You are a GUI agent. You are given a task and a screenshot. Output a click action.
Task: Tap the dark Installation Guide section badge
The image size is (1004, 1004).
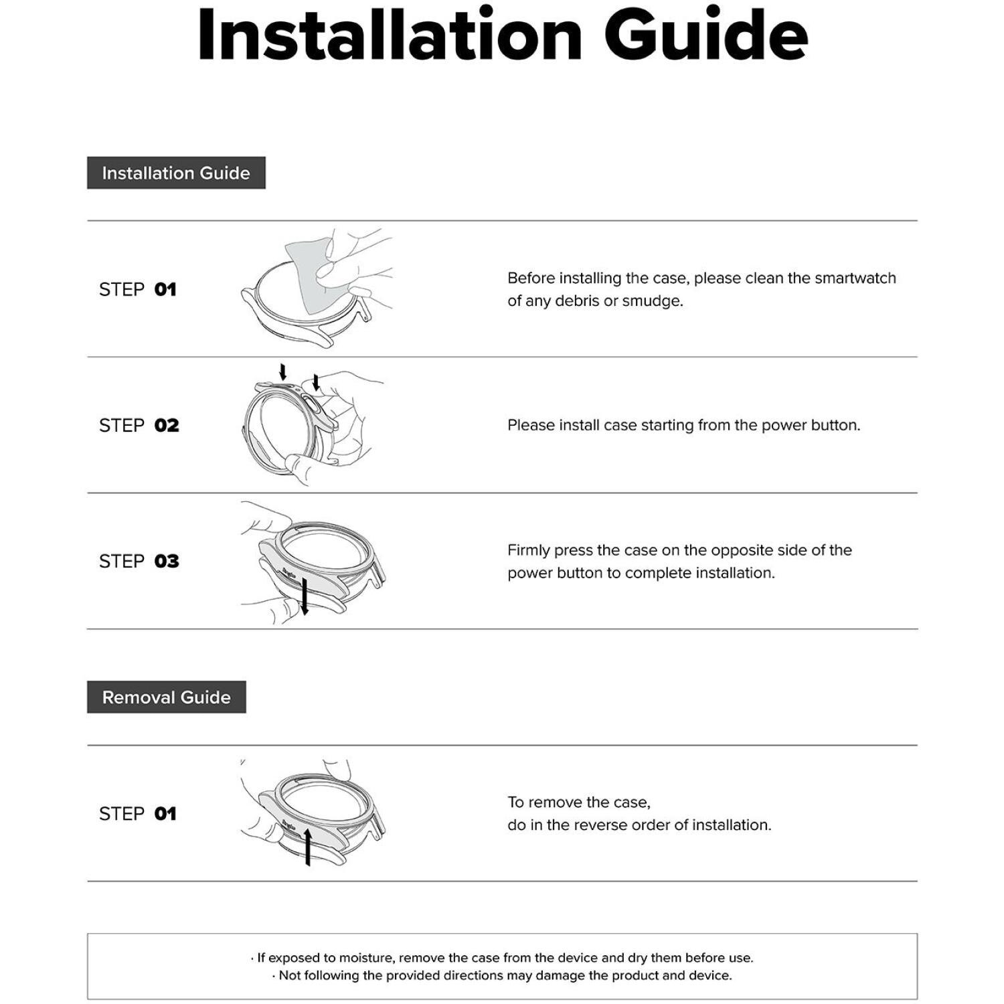(176, 173)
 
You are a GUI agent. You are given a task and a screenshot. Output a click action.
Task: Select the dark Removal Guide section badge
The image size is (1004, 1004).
(166, 697)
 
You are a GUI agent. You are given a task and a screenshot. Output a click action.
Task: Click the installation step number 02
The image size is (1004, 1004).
(167, 426)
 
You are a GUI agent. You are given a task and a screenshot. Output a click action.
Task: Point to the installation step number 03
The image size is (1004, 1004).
(167, 562)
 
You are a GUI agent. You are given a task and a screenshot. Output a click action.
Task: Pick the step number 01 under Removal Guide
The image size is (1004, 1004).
(165, 814)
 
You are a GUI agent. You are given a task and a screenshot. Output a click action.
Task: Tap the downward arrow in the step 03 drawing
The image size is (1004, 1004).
(305, 596)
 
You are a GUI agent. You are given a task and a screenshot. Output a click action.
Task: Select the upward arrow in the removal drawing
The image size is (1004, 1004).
(308, 846)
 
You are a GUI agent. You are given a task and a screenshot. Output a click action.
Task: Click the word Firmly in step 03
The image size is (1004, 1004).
(528, 550)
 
